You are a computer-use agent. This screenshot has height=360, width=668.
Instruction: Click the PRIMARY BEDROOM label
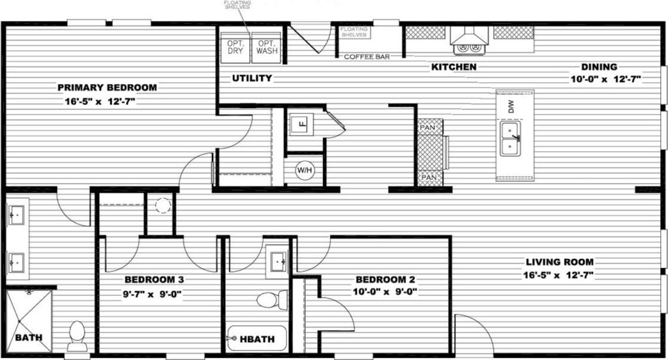[107, 87]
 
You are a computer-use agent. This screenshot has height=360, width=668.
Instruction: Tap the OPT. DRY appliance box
[235, 47]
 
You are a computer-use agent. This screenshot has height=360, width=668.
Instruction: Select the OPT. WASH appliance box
[266, 47]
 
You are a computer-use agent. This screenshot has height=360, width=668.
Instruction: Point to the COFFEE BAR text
[367, 57]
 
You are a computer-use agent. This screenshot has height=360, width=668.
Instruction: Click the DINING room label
[599, 67]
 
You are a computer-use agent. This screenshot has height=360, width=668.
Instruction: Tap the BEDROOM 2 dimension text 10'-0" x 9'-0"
[385, 292]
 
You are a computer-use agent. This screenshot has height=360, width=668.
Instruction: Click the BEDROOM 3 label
[154, 280]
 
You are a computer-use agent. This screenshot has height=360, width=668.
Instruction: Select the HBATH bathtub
[257, 338]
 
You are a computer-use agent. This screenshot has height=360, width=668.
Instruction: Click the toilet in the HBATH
[272, 300]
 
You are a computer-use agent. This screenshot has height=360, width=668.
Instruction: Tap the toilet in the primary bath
[78, 335]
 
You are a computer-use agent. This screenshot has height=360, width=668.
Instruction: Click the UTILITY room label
[252, 78]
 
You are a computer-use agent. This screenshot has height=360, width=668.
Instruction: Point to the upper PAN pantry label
[428, 127]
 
